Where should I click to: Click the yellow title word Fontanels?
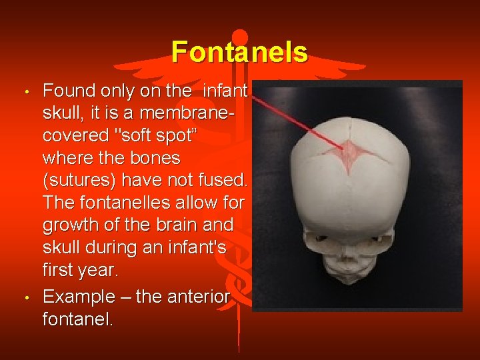239,52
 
